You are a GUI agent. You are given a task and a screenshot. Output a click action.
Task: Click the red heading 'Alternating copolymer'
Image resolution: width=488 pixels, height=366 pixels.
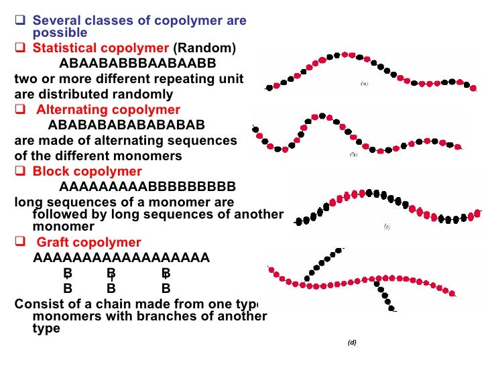(108, 110)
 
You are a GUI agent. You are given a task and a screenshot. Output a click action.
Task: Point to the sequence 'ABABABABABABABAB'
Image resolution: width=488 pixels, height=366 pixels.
(127, 125)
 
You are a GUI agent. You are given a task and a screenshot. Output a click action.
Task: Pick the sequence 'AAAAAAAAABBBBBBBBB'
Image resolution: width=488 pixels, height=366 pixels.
(147, 186)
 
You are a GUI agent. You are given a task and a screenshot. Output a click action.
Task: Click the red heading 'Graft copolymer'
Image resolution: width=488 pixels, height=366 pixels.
(88, 243)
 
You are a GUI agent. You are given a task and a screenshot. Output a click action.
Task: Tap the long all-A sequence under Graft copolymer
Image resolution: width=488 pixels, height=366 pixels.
(121, 259)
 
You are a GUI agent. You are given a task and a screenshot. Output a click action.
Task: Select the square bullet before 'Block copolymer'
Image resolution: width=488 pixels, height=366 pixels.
(20, 171)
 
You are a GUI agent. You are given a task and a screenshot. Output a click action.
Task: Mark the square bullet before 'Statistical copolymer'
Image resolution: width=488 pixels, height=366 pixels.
(20, 49)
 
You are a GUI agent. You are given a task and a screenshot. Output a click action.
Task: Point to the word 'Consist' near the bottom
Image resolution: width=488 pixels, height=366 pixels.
(42, 304)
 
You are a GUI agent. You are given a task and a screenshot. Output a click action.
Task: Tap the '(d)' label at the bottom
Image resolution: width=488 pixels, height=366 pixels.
(352, 343)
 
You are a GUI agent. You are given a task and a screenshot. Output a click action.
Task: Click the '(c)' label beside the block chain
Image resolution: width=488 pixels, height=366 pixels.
(387, 227)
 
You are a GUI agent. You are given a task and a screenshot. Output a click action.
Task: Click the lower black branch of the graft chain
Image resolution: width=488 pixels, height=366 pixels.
(386, 295)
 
